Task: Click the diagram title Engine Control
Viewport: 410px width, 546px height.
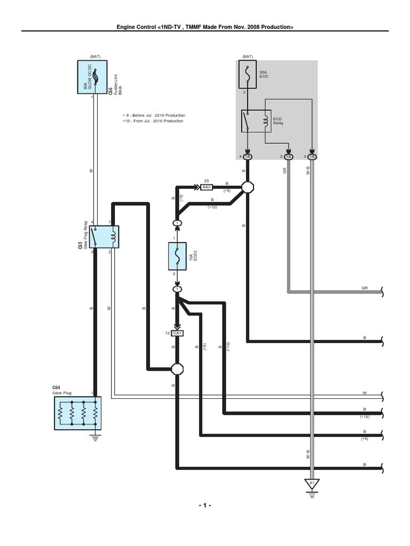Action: (205, 27)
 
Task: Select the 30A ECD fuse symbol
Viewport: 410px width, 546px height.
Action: (248, 75)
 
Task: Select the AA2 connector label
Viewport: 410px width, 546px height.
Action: (206, 187)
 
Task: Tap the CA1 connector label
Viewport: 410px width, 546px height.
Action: (177, 333)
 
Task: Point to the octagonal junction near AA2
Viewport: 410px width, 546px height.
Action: (248, 187)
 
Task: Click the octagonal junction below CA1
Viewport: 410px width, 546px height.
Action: (177, 368)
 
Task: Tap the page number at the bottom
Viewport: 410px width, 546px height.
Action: (205, 505)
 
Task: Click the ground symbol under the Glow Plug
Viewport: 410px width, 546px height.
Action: (96, 438)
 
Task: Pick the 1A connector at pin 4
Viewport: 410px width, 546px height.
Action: (248, 157)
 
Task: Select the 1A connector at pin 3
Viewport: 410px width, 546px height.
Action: (312, 157)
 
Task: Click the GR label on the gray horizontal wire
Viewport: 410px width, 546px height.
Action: (365, 287)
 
